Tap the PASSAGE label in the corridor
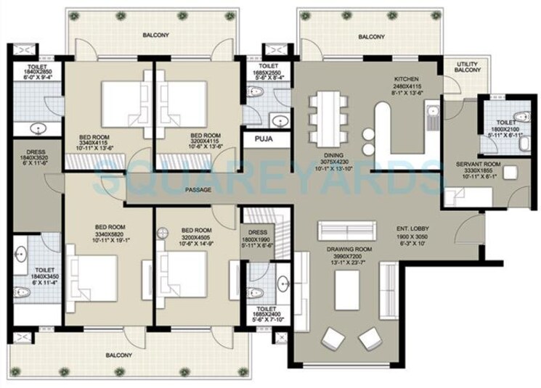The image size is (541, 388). pos(199,190)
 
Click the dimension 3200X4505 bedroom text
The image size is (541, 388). pos(195,235)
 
